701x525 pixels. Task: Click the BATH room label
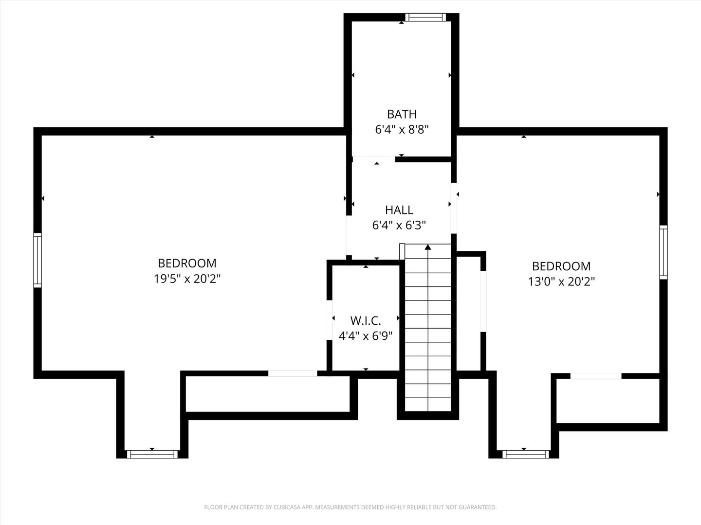(402, 114)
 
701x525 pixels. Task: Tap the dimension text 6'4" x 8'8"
(402, 130)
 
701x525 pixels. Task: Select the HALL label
(399, 210)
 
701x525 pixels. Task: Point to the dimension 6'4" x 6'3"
(399, 226)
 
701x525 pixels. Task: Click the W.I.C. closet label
(366, 321)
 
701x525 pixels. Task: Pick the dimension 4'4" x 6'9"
(366, 336)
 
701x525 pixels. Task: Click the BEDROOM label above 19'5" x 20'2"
(187, 263)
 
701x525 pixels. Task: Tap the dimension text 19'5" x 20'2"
(187, 279)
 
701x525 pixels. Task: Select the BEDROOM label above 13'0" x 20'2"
(561, 266)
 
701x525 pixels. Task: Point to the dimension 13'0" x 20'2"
(561, 281)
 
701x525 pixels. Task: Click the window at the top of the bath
(425, 17)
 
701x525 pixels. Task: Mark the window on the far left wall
(37, 260)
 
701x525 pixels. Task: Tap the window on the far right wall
(663, 252)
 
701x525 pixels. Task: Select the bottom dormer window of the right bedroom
(525, 454)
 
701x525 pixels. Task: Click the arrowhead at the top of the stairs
(428, 247)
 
